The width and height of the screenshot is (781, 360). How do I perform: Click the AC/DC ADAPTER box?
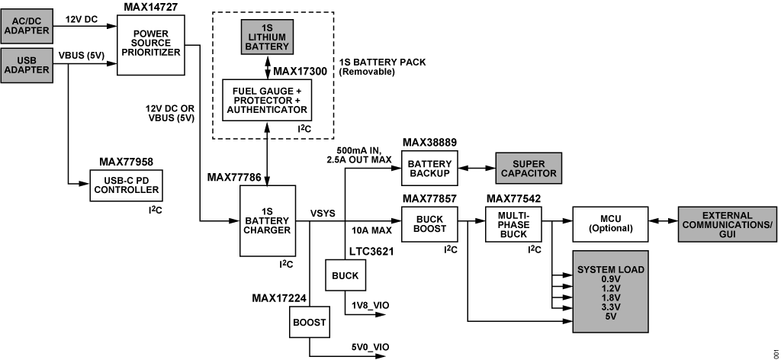click(27, 26)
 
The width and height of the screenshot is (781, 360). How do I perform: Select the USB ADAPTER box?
click(27, 66)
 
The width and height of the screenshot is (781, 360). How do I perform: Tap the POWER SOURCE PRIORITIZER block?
click(151, 45)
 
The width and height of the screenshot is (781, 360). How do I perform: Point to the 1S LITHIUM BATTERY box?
click(268, 37)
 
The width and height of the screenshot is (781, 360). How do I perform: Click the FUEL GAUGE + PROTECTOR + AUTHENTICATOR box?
click(266, 100)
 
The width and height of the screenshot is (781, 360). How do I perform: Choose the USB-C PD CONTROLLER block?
click(127, 185)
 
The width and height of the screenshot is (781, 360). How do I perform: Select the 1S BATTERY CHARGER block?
click(267, 220)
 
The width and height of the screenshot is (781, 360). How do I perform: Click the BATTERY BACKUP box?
click(429, 169)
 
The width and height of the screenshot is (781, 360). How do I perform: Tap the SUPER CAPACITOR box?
click(529, 169)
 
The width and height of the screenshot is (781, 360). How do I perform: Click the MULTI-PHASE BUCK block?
click(513, 224)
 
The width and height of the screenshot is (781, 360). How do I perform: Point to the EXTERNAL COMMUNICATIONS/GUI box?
click(727, 224)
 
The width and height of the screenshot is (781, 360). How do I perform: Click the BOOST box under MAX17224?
click(309, 322)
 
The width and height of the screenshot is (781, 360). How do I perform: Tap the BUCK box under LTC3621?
click(346, 275)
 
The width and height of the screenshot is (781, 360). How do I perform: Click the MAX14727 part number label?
click(151, 6)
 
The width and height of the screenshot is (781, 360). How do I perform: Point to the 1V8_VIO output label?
click(370, 305)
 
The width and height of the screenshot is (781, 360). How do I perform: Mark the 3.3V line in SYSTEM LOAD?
click(611, 306)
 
